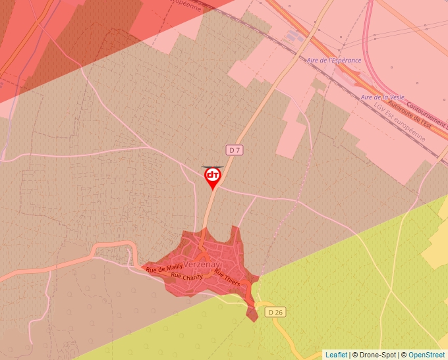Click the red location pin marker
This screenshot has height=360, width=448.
pos(213,177)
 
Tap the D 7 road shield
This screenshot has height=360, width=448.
pos(235,150)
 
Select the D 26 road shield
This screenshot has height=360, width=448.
pos(275,311)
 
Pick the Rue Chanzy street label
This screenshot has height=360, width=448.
pos(186,276)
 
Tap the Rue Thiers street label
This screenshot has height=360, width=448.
pos(227,278)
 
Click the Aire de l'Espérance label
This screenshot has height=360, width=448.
pos(334,61)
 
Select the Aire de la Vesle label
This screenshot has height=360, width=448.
pos(380,97)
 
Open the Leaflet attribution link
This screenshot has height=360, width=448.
pos(337,355)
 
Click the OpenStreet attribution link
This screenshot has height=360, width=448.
pos(426,355)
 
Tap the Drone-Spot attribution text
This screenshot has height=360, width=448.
pos(379,355)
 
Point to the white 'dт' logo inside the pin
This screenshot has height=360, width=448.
pos(213,175)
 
